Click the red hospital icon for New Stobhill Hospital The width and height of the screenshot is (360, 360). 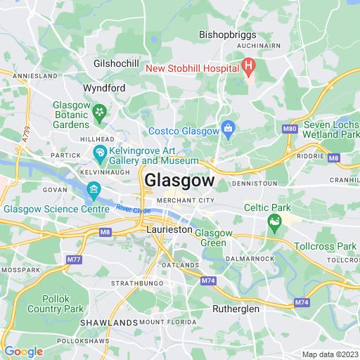point(247,68)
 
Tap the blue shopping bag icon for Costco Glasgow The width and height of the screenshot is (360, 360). point(228,128)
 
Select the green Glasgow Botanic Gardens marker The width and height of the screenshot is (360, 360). point(101,111)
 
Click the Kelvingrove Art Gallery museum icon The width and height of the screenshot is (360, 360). point(101,152)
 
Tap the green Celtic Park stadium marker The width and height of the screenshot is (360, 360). point(274,224)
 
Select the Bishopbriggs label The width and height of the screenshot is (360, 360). point(227,34)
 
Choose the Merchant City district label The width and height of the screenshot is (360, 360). point(185,200)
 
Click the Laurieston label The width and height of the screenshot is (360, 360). point(169,229)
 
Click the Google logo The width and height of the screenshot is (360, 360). point(22,351)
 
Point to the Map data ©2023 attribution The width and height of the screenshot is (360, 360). point(330,354)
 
